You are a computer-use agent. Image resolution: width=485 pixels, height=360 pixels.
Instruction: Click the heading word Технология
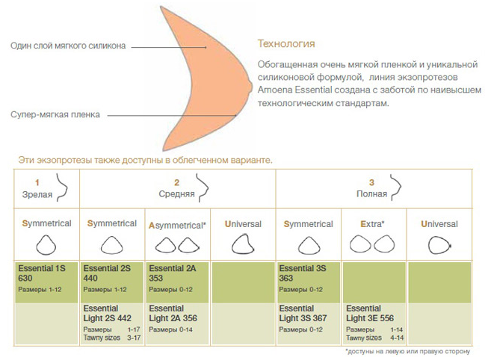click(286, 44)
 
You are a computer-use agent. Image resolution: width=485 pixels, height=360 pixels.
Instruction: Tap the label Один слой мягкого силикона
click(68, 46)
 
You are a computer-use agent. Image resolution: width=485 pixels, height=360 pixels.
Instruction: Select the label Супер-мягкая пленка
click(55, 114)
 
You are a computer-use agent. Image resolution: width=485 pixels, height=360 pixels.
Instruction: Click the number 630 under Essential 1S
click(25, 278)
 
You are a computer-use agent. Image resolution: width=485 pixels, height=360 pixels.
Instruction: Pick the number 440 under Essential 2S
click(90, 278)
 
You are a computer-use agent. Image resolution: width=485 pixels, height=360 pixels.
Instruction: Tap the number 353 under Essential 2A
click(156, 278)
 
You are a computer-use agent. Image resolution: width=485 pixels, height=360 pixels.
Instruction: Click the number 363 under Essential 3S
click(285, 278)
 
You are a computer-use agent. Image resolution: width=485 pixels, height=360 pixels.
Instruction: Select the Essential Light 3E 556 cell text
click(370, 314)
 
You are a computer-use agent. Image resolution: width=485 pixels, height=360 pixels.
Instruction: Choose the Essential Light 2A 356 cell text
click(173, 314)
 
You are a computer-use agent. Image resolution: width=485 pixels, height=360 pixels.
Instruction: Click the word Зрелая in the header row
click(37, 195)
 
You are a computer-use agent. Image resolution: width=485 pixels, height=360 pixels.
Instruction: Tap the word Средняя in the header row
click(176, 194)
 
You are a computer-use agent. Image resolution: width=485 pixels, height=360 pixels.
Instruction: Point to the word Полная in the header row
click(372, 194)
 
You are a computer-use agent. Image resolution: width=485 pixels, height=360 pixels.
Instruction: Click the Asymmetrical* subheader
click(177, 226)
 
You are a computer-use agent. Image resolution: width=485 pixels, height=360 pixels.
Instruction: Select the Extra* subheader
click(372, 224)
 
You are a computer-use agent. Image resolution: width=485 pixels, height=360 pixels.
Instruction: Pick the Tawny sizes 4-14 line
click(375, 338)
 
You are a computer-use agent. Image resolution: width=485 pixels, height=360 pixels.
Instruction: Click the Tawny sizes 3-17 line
click(112, 338)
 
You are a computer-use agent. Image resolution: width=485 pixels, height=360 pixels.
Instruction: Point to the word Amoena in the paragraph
click(275, 90)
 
